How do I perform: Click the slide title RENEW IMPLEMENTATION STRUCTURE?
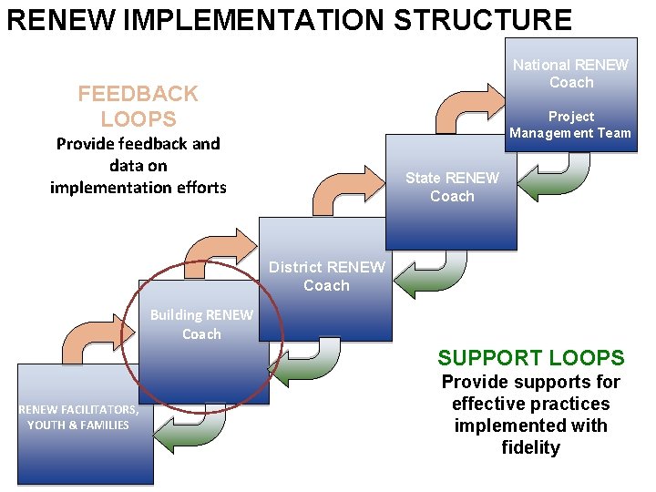point(289,20)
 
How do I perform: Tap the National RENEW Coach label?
point(570,74)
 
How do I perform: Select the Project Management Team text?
point(570,125)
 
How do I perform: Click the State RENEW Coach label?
point(452,187)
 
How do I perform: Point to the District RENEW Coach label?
point(326,276)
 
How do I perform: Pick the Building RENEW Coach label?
point(201,324)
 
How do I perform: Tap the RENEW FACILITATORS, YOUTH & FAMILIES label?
point(78,417)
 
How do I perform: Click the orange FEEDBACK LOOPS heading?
point(138,106)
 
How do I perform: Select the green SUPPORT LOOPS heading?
point(530,358)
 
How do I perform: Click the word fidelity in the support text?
point(530,447)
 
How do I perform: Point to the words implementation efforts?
point(138,188)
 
